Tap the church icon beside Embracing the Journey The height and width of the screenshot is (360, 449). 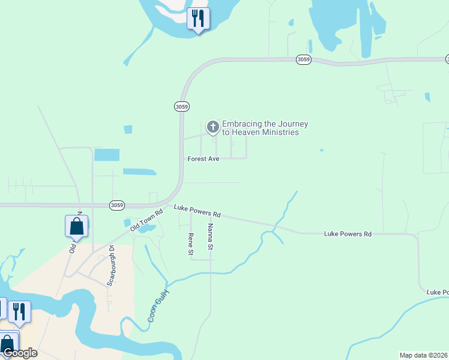pyautogui.click(x=212, y=127)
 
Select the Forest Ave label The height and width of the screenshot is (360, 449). pyautogui.click(x=203, y=159)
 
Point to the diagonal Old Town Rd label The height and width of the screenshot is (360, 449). pyautogui.click(x=146, y=220)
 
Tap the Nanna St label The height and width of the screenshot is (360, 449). pyautogui.click(x=211, y=236)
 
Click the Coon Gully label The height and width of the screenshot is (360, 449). pyautogui.click(x=159, y=305)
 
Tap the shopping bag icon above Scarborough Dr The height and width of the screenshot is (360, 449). pyautogui.click(x=76, y=227)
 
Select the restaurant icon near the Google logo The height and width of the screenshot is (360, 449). pyautogui.click(x=19, y=311)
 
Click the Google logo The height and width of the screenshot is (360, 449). pyautogui.click(x=20, y=353)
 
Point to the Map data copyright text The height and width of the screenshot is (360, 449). pyautogui.click(x=424, y=355)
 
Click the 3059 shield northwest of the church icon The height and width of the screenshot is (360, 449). pyautogui.click(x=182, y=106)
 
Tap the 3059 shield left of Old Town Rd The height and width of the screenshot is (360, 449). pyautogui.click(x=117, y=205)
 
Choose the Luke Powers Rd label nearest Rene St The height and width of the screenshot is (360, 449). pyautogui.click(x=197, y=211)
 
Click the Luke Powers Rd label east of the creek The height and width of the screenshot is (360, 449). pyautogui.click(x=348, y=233)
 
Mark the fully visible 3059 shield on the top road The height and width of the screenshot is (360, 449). pyautogui.click(x=304, y=60)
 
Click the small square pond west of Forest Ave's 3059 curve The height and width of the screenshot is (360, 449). pyautogui.click(x=128, y=129)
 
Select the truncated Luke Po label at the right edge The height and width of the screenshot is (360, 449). pyautogui.click(x=438, y=292)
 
